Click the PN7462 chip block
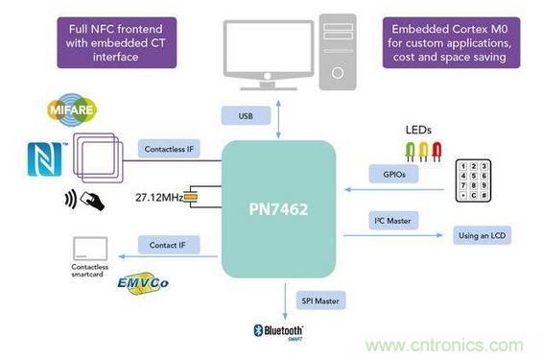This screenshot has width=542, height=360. point(279,207)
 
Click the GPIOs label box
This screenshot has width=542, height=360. point(387,174)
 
